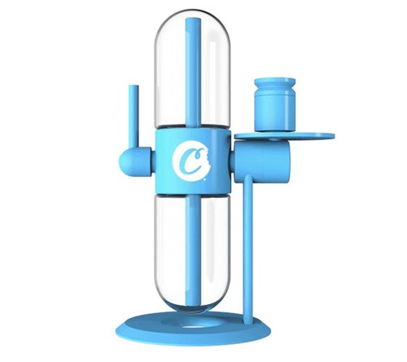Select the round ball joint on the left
coord(129,157)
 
